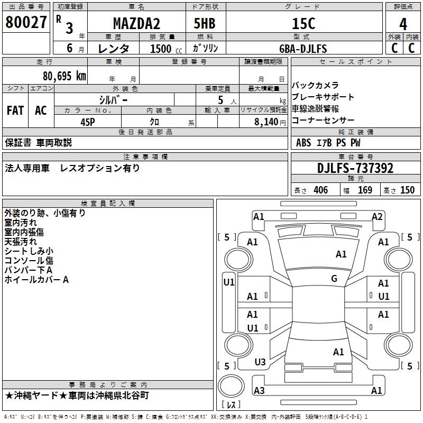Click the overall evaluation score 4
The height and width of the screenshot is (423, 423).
pos(403,23)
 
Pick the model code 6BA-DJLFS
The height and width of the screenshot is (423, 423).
pos(303,49)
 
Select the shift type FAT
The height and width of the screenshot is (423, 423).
pos(15,111)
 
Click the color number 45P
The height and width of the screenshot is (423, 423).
pos(88,122)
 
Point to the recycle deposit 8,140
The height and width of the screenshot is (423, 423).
pos(266,122)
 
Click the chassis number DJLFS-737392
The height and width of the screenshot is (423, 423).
pos(355,168)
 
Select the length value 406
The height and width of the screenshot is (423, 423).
pos(320,190)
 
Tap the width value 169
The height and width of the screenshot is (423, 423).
pos(365,190)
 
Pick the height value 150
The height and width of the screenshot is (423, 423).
pos(407,190)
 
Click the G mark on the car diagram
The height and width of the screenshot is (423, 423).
pos(334,279)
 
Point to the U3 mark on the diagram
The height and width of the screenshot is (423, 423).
pos(260,362)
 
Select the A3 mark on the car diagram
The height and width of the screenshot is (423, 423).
pos(259,391)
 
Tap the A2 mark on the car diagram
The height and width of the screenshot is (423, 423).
pos(377,216)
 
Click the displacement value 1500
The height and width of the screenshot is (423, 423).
pos(160,49)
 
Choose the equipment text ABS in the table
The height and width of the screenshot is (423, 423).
pos(304,143)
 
